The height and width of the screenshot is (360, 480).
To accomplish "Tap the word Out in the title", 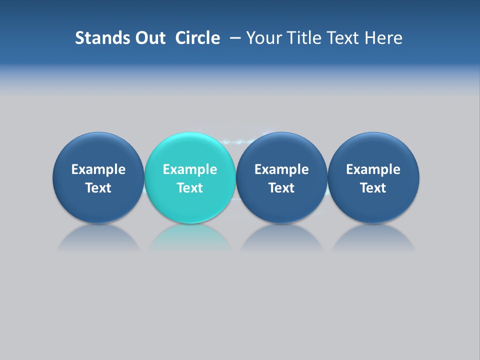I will tap(149, 38).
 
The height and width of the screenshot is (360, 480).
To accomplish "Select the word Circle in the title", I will tap(197, 38).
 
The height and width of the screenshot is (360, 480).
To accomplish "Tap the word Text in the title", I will tap(343, 38).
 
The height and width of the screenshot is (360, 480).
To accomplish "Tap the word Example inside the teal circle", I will tap(190, 169).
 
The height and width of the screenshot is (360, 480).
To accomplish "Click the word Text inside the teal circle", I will tap(190, 188).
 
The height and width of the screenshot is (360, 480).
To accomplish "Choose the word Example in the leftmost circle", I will tap(98, 169).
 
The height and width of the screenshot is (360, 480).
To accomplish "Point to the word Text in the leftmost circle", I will tap(98, 188).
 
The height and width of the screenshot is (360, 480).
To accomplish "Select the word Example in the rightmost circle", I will tap(373, 169).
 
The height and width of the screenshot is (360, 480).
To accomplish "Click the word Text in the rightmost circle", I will tap(373, 188).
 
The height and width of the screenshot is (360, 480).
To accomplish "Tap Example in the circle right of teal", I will tap(281, 169).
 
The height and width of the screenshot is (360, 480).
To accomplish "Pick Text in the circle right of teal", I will tap(281, 188).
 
